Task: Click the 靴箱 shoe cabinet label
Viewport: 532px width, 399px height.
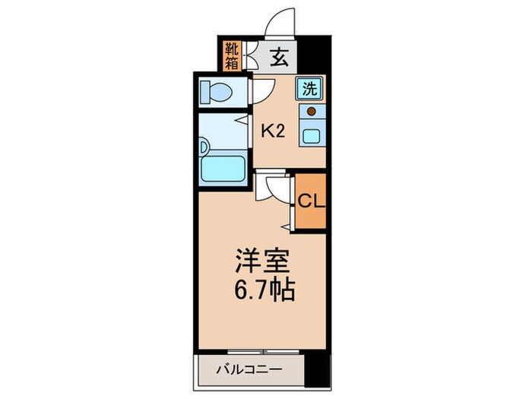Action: [x=232, y=55]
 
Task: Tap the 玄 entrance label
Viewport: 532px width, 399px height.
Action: [x=277, y=56]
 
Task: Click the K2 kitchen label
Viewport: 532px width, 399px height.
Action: [x=273, y=130]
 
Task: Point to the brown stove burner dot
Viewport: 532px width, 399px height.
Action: [x=311, y=111]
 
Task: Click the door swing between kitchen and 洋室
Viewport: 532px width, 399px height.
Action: [x=270, y=186]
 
